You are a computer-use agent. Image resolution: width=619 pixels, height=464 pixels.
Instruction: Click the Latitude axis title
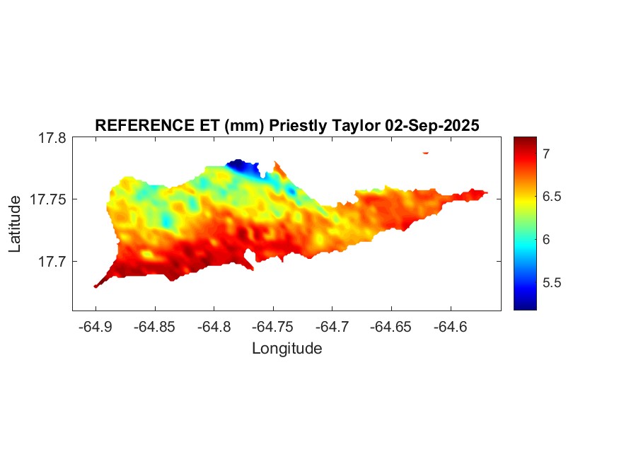(x=15, y=224)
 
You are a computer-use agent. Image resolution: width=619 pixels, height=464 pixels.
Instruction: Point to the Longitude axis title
(x=287, y=348)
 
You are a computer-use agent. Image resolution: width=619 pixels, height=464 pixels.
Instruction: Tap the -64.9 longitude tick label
(x=96, y=327)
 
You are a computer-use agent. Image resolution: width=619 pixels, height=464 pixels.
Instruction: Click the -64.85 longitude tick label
(x=154, y=327)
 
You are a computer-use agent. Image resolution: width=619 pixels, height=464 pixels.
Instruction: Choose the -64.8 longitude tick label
(x=213, y=327)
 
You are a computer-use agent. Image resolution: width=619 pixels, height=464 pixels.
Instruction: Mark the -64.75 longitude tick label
(x=272, y=327)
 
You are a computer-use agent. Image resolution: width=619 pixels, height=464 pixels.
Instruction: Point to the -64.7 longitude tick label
(x=331, y=327)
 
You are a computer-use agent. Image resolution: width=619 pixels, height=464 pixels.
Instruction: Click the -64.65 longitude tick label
(x=391, y=327)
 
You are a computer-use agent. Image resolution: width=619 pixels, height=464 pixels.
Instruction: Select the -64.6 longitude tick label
(x=449, y=327)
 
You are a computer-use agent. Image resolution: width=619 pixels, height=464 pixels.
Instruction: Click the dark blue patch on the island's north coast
(x=243, y=167)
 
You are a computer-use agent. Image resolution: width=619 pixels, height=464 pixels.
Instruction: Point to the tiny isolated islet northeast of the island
(x=426, y=152)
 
